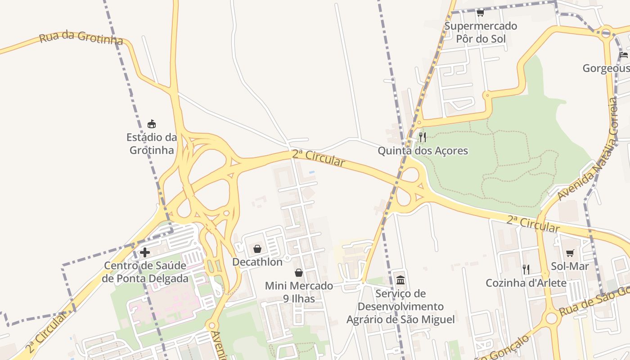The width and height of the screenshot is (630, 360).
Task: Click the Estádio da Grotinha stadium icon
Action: [152, 124]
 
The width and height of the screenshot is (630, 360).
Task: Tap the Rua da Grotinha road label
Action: [81, 38]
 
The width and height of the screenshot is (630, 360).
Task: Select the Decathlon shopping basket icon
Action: [257, 249]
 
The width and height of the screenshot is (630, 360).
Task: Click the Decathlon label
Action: [257, 262]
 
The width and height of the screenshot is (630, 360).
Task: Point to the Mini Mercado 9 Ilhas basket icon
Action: [298, 273]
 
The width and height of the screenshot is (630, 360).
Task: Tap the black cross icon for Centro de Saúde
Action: [145, 252]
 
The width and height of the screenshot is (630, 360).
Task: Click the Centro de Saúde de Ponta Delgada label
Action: [145, 272]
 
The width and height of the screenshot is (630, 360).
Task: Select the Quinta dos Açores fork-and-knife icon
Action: [422, 137]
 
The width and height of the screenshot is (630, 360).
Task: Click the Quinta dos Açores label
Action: [423, 151]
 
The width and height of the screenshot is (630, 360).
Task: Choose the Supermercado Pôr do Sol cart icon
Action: [480, 13]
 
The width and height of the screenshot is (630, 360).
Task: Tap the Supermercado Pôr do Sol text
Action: [481, 32]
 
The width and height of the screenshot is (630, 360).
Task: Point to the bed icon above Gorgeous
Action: [623, 55]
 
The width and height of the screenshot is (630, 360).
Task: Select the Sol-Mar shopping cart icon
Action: [570, 253]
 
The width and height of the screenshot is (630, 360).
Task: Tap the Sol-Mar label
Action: [570, 266]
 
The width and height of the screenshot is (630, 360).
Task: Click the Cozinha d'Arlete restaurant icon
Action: [526, 270]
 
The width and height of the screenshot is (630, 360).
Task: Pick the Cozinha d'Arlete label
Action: [526, 283]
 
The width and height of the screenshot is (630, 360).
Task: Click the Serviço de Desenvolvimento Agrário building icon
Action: [400, 280]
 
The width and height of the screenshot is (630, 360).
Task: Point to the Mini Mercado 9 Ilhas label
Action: [299, 292]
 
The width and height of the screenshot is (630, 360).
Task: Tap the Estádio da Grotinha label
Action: [152, 144]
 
